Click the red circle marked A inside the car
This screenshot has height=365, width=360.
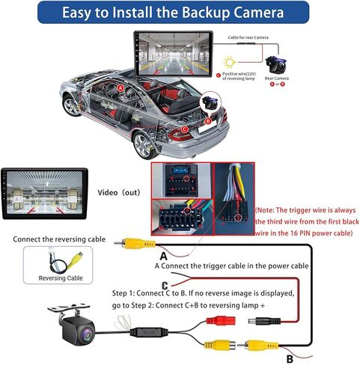click(120, 88)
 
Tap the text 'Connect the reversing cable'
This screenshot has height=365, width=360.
click(59, 239)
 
